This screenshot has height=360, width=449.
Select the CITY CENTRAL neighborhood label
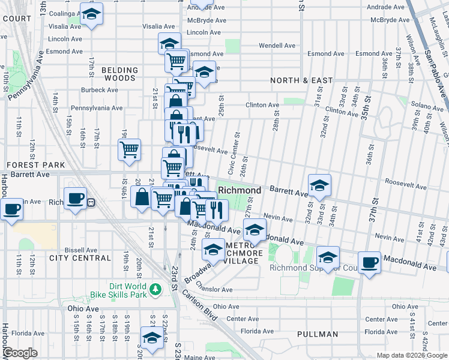coord(80,258)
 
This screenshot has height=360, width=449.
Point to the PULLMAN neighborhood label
coord(317,334)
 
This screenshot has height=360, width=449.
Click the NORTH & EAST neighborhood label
coord(301,80)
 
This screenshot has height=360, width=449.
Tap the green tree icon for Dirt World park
coord(155,290)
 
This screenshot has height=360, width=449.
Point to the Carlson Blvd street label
coord(196,311)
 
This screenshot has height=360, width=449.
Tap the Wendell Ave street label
coord(277,46)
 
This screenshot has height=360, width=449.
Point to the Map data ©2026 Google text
coord(411,355)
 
